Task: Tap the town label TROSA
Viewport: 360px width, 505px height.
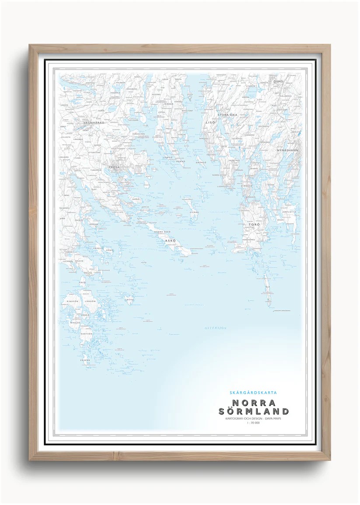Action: click(x=114, y=167)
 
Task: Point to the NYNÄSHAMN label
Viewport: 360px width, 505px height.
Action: click(x=287, y=150)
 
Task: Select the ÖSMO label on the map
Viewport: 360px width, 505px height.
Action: click(x=278, y=82)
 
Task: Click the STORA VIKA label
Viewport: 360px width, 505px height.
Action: click(x=227, y=115)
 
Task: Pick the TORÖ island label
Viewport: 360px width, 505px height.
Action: click(x=254, y=224)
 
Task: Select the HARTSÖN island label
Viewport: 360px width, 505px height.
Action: click(x=87, y=333)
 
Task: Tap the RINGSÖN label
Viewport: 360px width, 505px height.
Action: click(x=72, y=301)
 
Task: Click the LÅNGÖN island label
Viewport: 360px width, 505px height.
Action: click(x=90, y=301)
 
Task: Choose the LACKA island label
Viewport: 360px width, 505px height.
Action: click(x=129, y=300)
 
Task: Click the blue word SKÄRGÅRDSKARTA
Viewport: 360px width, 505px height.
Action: click(x=253, y=393)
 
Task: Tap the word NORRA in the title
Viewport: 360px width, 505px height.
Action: click(x=254, y=403)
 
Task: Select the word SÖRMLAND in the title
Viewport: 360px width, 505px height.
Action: click(x=254, y=412)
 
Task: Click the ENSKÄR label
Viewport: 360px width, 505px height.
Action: click(x=85, y=360)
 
